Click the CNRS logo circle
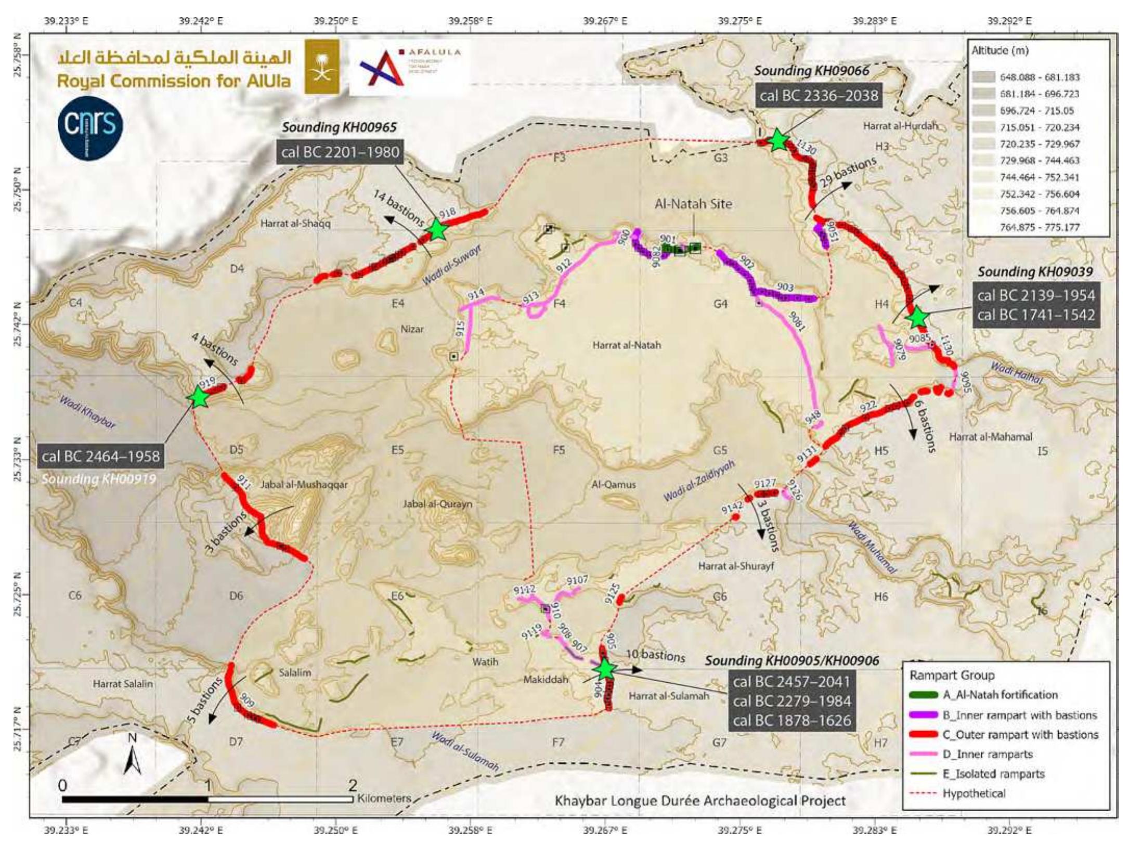(90, 127)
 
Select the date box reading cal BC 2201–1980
(340, 152)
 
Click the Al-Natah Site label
(693, 204)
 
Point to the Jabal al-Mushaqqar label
(304, 485)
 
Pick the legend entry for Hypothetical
(973, 793)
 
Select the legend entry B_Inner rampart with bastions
(1019, 715)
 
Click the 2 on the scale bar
(353, 784)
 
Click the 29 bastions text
(848, 172)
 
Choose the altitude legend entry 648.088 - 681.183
(1039, 77)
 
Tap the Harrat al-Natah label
(626, 345)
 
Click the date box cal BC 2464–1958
(101, 457)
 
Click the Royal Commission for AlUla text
(174, 81)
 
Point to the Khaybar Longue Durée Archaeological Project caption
(700, 800)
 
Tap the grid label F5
(558, 450)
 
